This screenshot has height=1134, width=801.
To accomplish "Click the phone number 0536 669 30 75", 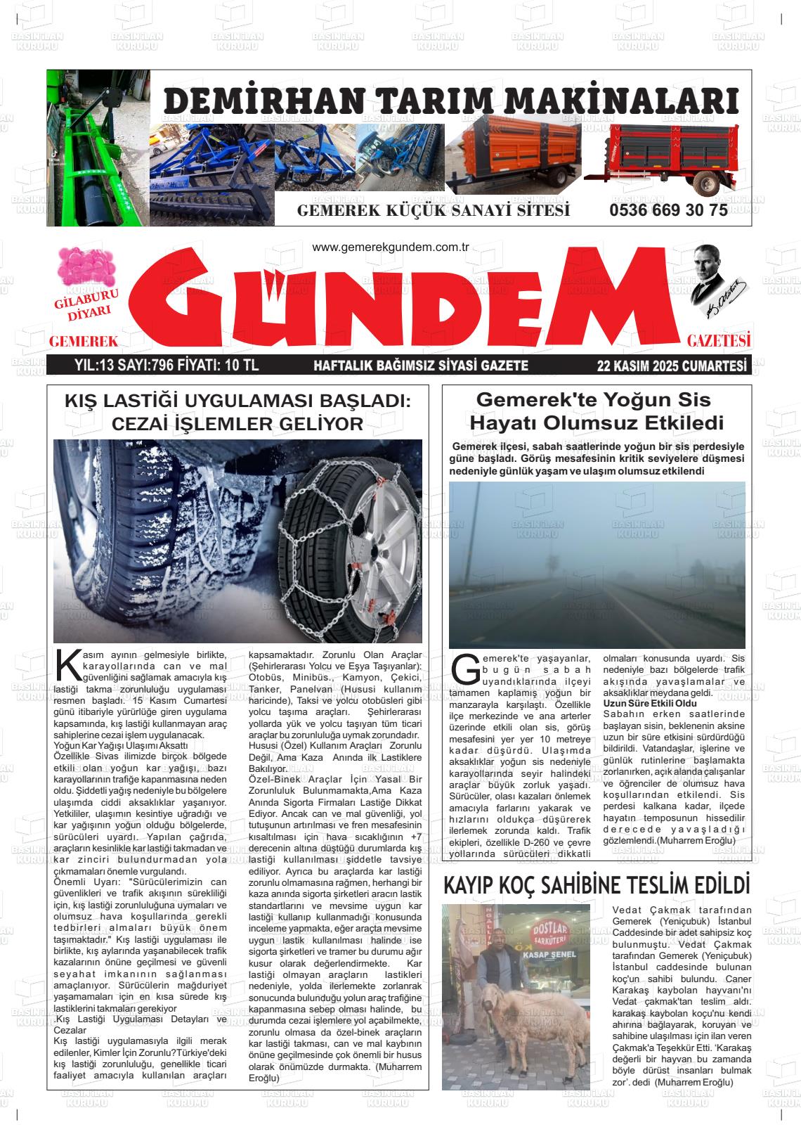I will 668,211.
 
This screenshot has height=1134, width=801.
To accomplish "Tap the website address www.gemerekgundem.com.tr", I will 390,247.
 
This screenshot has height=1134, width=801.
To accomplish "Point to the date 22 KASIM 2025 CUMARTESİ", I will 670,366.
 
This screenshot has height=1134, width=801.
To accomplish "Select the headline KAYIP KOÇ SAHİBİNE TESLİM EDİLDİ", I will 597,885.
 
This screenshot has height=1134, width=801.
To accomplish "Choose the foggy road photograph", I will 597,564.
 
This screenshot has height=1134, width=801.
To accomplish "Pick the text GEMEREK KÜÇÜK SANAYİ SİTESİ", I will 434,211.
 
